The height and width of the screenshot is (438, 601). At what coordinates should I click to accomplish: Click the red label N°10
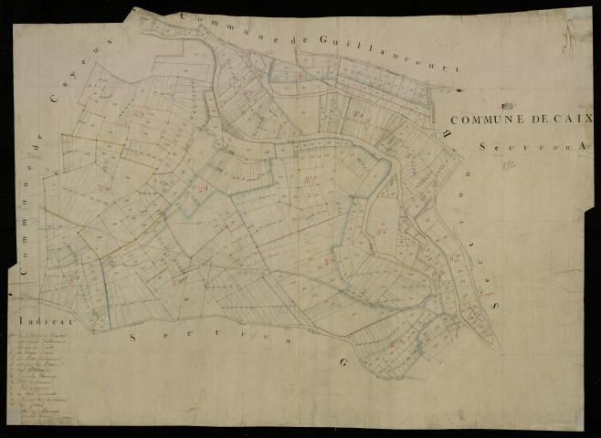(x=178, y=279)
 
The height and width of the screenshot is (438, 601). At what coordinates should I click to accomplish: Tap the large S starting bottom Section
(x=135, y=337)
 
